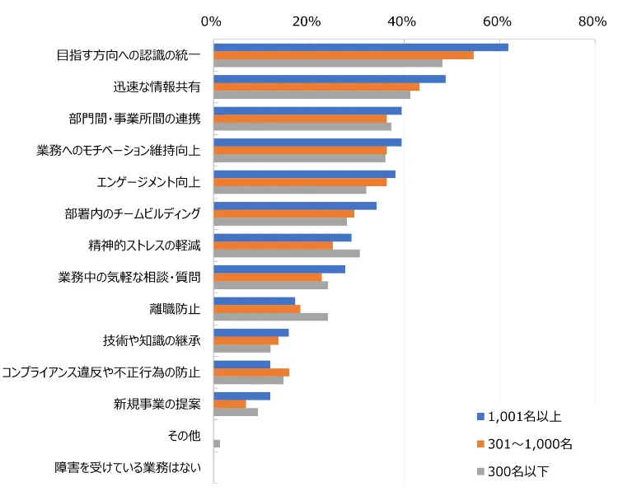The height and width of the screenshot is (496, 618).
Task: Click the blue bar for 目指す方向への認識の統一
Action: (x=360, y=47)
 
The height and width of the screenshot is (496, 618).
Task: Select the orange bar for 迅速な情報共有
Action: (x=316, y=87)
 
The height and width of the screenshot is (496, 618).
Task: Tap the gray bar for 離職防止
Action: (x=270, y=316)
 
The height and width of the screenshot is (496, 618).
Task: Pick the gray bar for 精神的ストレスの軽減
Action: (x=286, y=253)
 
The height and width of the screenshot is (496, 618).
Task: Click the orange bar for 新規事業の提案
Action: (x=230, y=404)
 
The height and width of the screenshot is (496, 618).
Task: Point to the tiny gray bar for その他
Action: (x=217, y=443)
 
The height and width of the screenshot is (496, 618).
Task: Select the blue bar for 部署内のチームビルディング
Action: (x=295, y=205)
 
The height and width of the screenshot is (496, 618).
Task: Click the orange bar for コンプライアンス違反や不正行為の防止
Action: (x=251, y=372)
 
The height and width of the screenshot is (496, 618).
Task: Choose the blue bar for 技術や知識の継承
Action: (x=251, y=332)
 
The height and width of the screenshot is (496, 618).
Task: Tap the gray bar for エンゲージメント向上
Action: (x=290, y=190)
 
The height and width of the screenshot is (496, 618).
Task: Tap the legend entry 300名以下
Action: (x=518, y=471)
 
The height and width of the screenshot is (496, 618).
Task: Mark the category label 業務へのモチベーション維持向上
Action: (x=119, y=150)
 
